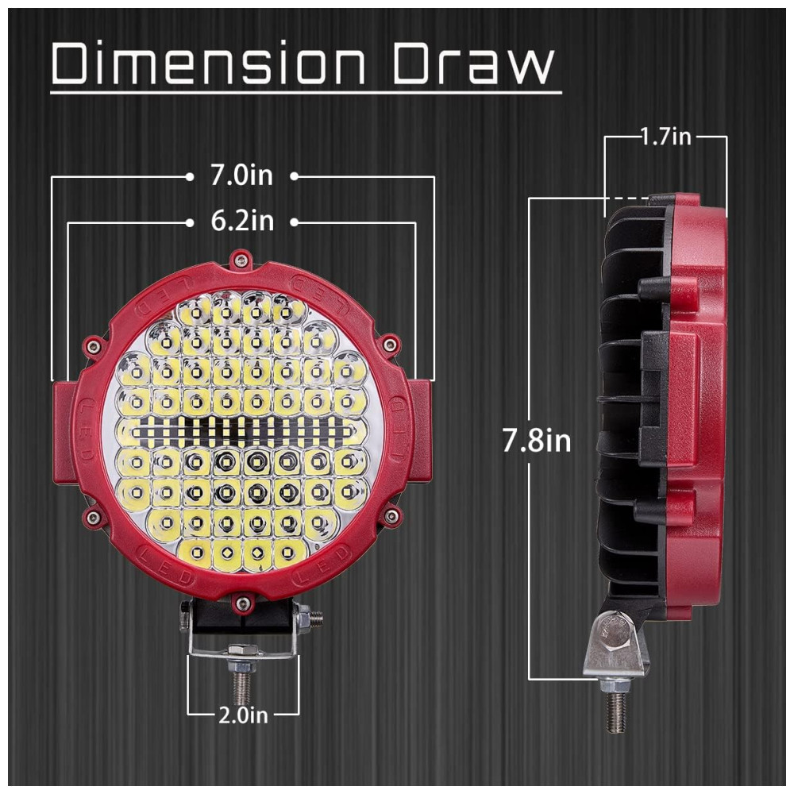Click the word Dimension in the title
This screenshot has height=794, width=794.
[x=208, y=65]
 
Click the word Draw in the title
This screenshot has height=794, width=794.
[x=471, y=65]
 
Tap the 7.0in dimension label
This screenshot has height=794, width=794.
[x=241, y=176]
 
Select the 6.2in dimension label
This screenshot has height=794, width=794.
[x=242, y=222]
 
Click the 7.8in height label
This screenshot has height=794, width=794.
[x=537, y=441]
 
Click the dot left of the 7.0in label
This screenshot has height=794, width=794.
[x=189, y=176]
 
